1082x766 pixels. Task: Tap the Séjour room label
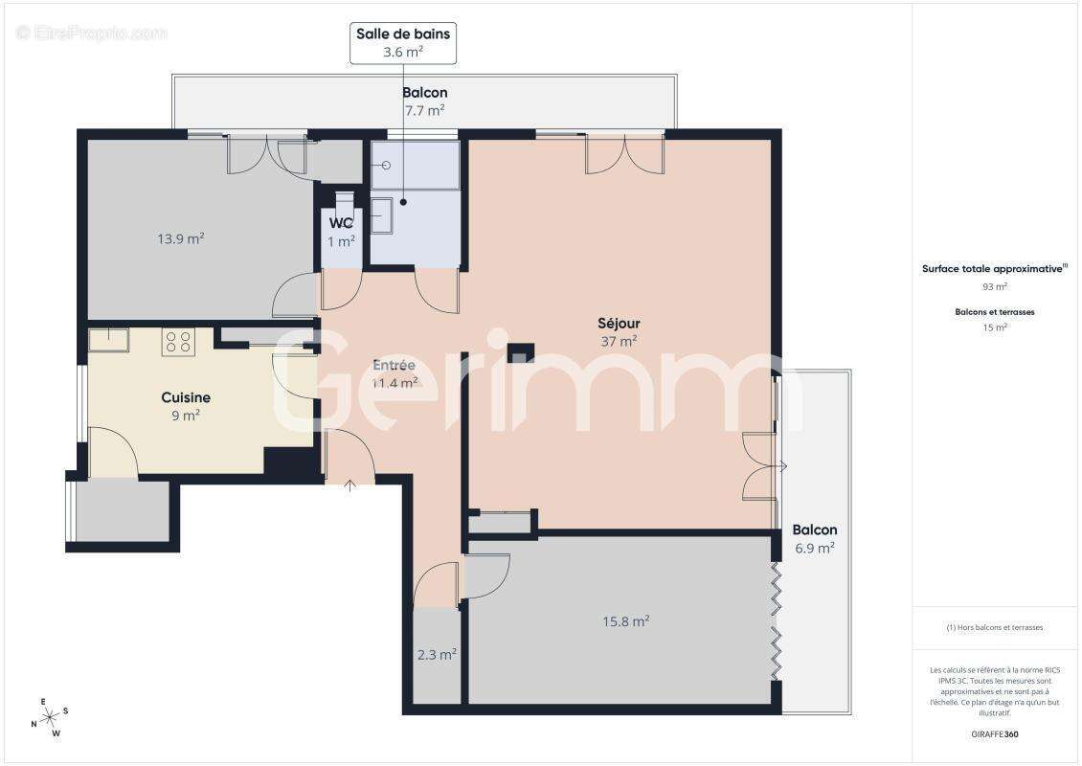click(x=619, y=324)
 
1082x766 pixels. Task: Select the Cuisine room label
click(x=186, y=397)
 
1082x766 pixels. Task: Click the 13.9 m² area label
click(x=181, y=238)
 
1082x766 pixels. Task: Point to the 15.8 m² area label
click(x=626, y=620)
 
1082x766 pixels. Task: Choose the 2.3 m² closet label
click(x=437, y=655)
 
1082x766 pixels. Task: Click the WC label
click(x=342, y=224)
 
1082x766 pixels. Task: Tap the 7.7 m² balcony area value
click(x=424, y=110)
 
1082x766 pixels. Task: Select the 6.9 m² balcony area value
click(x=815, y=548)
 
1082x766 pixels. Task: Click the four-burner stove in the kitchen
click(x=178, y=342)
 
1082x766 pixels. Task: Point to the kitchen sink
click(x=108, y=340)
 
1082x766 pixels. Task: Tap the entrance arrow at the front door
click(x=349, y=484)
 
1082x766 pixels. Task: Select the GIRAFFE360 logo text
click(x=996, y=734)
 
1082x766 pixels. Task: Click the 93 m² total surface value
click(x=995, y=286)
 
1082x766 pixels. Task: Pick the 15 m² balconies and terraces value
click(x=995, y=327)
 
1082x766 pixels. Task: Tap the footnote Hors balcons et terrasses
click(x=995, y=627)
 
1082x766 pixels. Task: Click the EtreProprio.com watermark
click(x=92, y=33)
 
